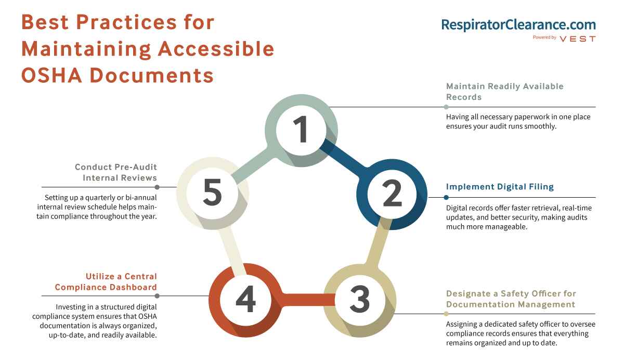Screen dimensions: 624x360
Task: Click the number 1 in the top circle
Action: (x=301, y=129)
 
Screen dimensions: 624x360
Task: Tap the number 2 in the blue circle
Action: (x=392, y=193)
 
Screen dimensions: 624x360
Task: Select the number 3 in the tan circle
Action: (x=360, y=299)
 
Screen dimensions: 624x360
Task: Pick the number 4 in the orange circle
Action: (x=245, y=299)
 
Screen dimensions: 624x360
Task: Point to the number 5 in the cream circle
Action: (x=213, y=191)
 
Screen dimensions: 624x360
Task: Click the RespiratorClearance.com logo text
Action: (x=518, y=24)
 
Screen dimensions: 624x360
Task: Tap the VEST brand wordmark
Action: (x=578, y=38)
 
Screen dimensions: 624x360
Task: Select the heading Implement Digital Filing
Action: (x=500, y=186)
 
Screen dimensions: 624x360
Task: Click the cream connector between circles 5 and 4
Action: (x=232, y=251)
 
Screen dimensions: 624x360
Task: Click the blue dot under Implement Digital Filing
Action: (x=446, y=198)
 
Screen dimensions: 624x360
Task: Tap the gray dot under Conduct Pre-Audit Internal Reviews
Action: (x=157, y=187)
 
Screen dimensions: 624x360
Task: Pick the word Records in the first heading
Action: (x=464, y=97)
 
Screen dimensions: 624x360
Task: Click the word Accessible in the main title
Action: (x=216, y=49)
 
